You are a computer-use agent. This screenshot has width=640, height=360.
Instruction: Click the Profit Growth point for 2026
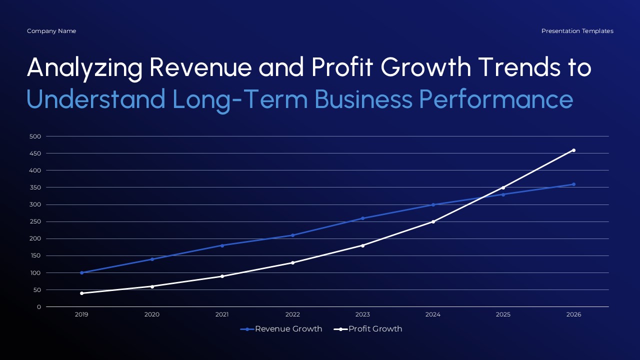tap(573, 150)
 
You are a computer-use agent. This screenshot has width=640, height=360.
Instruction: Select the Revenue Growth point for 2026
tap(573, 184)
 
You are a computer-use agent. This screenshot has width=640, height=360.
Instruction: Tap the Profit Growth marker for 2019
tap(81, 293)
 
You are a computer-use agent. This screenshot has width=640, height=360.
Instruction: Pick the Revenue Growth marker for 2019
tap(81, 272)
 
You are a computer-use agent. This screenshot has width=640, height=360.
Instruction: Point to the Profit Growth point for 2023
tap(362, 245)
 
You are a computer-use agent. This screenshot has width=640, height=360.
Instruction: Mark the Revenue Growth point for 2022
tap(292, 235)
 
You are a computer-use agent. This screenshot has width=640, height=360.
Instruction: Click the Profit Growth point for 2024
tap(433, 221)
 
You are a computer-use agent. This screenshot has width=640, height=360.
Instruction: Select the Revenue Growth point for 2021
tap(222, 245)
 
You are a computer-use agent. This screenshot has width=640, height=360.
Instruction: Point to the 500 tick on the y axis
tap(35, 136)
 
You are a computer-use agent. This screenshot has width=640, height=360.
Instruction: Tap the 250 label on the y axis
tap(35, 221)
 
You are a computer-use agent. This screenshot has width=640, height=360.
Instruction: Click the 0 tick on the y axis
tap(38, 307)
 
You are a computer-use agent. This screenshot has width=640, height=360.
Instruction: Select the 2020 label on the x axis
tap(152, 314)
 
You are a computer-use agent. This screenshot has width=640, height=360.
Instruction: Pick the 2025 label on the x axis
tap(503, 314)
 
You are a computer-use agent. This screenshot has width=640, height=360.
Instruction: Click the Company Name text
tap(51, 31)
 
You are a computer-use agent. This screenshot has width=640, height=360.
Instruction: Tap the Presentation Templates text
tap(577, 31)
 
